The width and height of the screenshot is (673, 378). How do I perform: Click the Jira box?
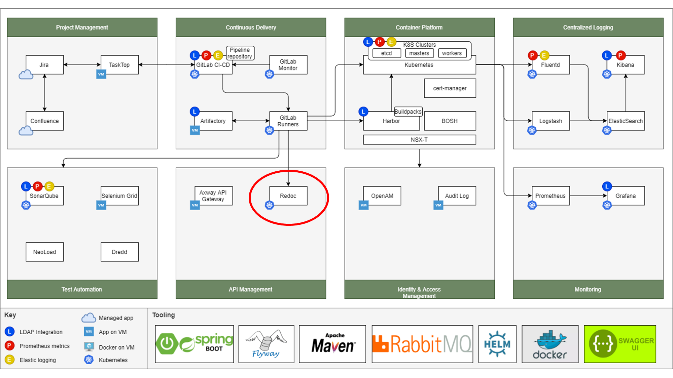coord(44,65)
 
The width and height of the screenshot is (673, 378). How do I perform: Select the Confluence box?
coord(44,121)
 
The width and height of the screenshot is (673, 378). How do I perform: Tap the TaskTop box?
coord(119,65)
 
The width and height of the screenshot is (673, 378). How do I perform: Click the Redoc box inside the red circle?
coord(288,196)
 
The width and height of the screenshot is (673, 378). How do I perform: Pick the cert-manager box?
coord(450,88)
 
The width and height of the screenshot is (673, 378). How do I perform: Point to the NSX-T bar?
coord(419,140)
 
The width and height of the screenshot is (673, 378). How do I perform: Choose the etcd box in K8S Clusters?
coord(387,53)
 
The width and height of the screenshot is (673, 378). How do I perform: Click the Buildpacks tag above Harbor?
coord(408,112)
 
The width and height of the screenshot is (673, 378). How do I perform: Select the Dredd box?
coord(119,252)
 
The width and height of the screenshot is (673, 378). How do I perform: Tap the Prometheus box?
coord(551,196)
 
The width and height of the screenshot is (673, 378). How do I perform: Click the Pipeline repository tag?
coord(240,53)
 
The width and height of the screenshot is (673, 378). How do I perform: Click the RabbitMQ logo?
coord(422,344)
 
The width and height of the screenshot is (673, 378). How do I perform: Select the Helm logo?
coord(497,344)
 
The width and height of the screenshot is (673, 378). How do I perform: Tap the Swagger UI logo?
coord(620,344)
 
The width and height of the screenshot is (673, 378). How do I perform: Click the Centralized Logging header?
coord(588,28)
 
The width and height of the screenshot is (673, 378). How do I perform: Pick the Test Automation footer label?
coord(82,289)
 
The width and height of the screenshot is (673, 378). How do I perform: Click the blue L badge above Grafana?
coord(607,186)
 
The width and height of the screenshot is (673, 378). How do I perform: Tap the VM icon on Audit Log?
coord(438,205)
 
